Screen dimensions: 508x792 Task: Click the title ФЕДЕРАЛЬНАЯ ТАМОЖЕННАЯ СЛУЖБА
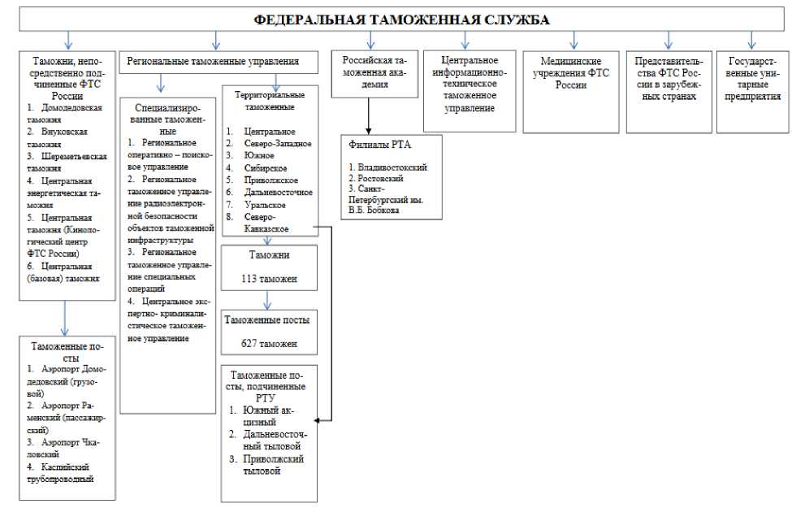click(x=396, y=18)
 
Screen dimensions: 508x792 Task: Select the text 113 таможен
click(x=269, y=280)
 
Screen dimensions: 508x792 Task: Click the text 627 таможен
click(x=269, y=344)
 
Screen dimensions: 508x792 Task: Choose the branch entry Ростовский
click(x=377, y=176)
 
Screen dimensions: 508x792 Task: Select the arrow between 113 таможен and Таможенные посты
click(x=269, y=301)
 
